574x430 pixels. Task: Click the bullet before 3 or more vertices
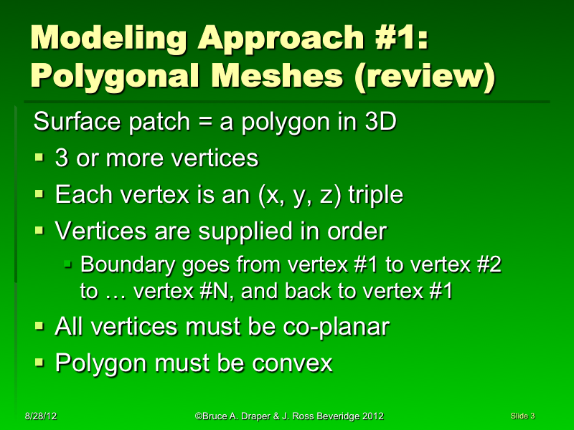coord(40,158)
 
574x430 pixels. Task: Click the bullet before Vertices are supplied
coord(40,232)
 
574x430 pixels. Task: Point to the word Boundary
coord(124,265)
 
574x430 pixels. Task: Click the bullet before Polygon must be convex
coord(40,363)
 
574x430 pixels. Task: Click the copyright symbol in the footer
coord(197,416)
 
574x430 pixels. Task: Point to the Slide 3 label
coord(523,416)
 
